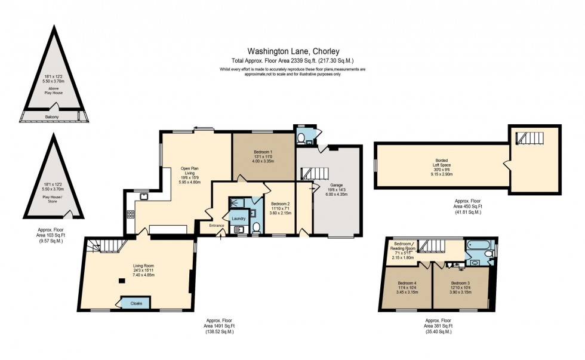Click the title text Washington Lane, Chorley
[293, 52]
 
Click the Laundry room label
[239, 219]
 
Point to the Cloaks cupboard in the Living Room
[135, 303]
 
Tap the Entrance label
[217, 225]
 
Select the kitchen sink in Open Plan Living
[144, 195]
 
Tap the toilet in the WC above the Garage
[301, 139]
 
